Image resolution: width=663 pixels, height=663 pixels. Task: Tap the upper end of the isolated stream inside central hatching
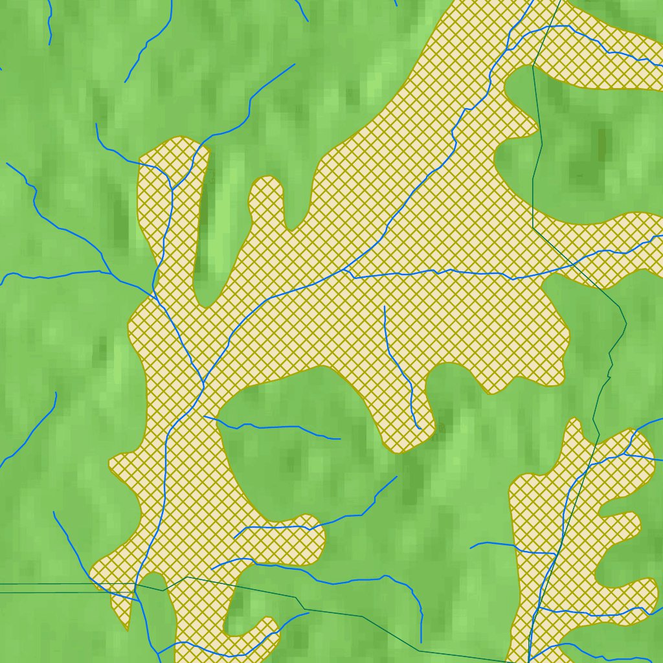(384, 306)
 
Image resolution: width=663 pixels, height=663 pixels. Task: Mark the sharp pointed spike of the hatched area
(127, 628)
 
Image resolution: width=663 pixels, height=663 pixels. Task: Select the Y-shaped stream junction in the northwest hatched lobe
(172, 188)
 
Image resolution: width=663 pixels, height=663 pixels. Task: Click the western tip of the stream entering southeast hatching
(471, 548)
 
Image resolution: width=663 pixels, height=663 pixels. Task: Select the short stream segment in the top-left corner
(49, 23)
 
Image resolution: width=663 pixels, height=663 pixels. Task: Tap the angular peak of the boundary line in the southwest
(186, 577)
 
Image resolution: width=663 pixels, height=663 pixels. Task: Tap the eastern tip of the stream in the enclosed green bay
(340, 438)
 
